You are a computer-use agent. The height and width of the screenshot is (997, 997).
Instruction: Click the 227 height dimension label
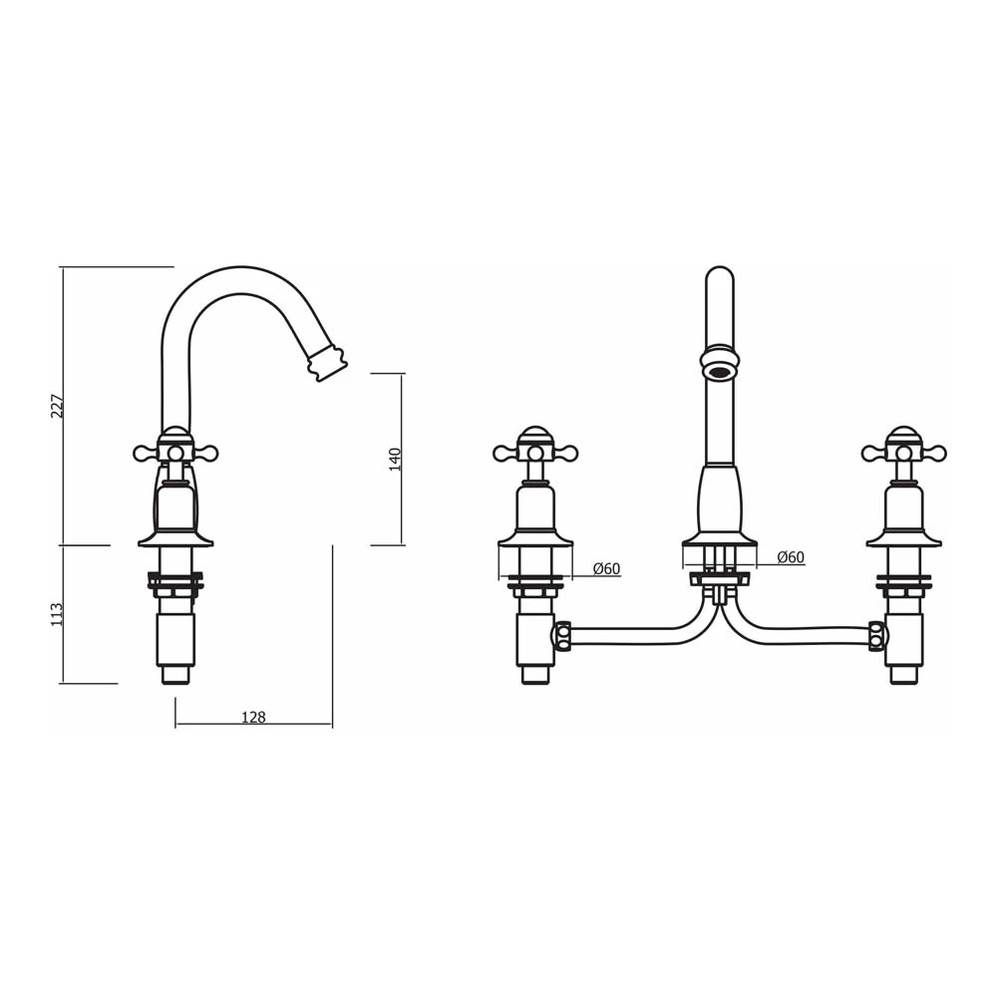pyautogui.click(x=58, y=406)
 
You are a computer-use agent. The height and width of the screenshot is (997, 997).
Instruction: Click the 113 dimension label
pyautogui.click(x=58, y=613)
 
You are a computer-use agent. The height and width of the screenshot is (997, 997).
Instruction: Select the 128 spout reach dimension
pyautogui.click(x=253, y=717)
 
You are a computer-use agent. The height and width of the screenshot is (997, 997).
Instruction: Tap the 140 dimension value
pyautogui.click(x=395, y=460)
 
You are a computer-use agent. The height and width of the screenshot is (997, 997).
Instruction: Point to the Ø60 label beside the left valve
pyautogui.click(x=606, y=569)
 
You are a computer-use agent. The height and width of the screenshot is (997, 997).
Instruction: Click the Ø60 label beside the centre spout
pyautogui.click(x=790, y=557)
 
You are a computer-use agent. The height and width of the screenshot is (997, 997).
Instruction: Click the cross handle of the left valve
pyautogui.click(x=535, y=453)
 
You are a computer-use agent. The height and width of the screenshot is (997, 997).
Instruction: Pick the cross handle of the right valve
pyautogui.click(x=903, y=453)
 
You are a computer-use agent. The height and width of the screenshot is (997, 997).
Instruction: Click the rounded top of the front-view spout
pyautogui.click(x=719, y=274)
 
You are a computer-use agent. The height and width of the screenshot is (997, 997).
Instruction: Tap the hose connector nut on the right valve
pyautogui.click(x=876, y=636)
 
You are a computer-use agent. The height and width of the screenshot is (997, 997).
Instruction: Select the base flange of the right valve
pyautogui.click(x=903, y=539)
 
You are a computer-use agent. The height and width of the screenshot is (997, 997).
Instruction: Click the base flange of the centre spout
pyautogui.click(x=719, y=541)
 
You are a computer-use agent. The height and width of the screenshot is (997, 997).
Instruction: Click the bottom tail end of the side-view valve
pyautogui.click(x=175, y=675)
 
